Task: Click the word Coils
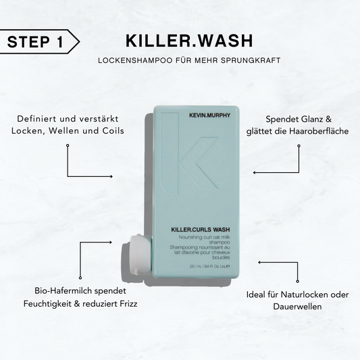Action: (x=111, y=130)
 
